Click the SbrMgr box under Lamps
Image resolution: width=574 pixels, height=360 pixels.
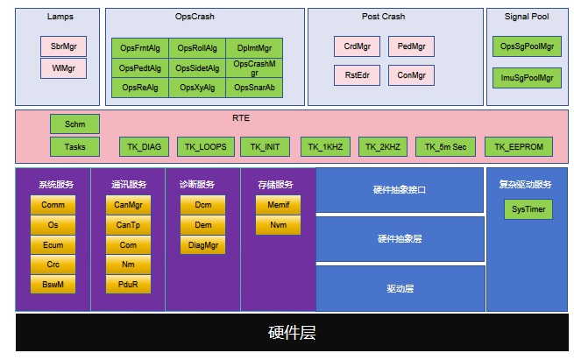pyautogui.click(x=63, y=46)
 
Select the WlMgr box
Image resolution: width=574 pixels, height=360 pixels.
pyautogui.click(x=63, y=67)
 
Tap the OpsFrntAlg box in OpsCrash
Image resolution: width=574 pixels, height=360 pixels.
pyautogui.click(x=139, y=48)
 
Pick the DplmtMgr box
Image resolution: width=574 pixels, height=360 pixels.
pyautogui.click(x=255, y=48)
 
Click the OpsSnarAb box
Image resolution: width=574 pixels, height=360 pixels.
pyautogui.click(x=255, y=88)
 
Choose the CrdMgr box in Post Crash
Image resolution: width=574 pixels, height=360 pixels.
pyautogui.click(x=357, y=46)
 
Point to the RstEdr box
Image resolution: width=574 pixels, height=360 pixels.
pyautogui.click(x=357, y=76)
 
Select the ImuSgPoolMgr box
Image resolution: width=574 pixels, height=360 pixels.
pyautogui.click(x=527, y=78)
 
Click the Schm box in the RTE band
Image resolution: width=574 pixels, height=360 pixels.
pyautogui.click(x=74, y=124)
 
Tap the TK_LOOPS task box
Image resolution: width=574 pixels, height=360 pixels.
pyautogui.click(x=206, y=146)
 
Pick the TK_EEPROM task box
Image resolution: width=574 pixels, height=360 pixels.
pyautogui.click(x=518, y=146)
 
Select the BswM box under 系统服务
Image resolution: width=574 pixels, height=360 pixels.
pyautogui.click(x=53, y=285)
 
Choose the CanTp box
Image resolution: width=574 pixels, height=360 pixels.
pyautogui.click(x=127, y=224)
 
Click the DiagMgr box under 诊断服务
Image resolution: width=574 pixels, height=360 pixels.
pyautogui.click(x=202, y=245)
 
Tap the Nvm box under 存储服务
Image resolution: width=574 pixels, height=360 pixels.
pyautogui.click(x=278, y=225)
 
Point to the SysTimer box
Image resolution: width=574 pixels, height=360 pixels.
pyautogui.click(x=528, y=209)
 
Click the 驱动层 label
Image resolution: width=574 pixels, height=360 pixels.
pyautogui.click(x=400, y=288)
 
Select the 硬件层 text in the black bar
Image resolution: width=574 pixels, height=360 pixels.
pyautogui.click(x=291, y=333)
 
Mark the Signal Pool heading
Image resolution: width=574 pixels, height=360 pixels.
pyautogui.click(x=527, y=17)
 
